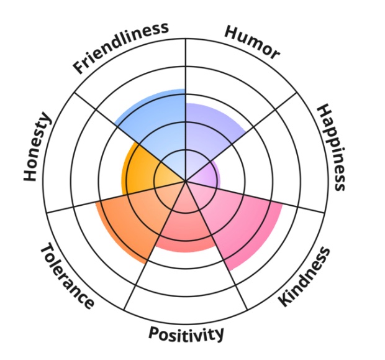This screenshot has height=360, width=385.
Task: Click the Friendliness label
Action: tap(121, 47)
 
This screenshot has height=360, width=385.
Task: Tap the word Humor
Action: tap(251, 43)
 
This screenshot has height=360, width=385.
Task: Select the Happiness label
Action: tap(330, 147)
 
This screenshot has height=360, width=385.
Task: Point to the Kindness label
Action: tap(303, 276)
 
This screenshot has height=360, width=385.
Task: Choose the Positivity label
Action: tap(186, 334)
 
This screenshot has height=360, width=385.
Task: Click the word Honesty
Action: tap(37, 147)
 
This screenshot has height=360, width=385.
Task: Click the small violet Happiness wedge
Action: tap(208, 174)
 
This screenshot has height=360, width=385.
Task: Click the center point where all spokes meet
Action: tap(186, 182)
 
